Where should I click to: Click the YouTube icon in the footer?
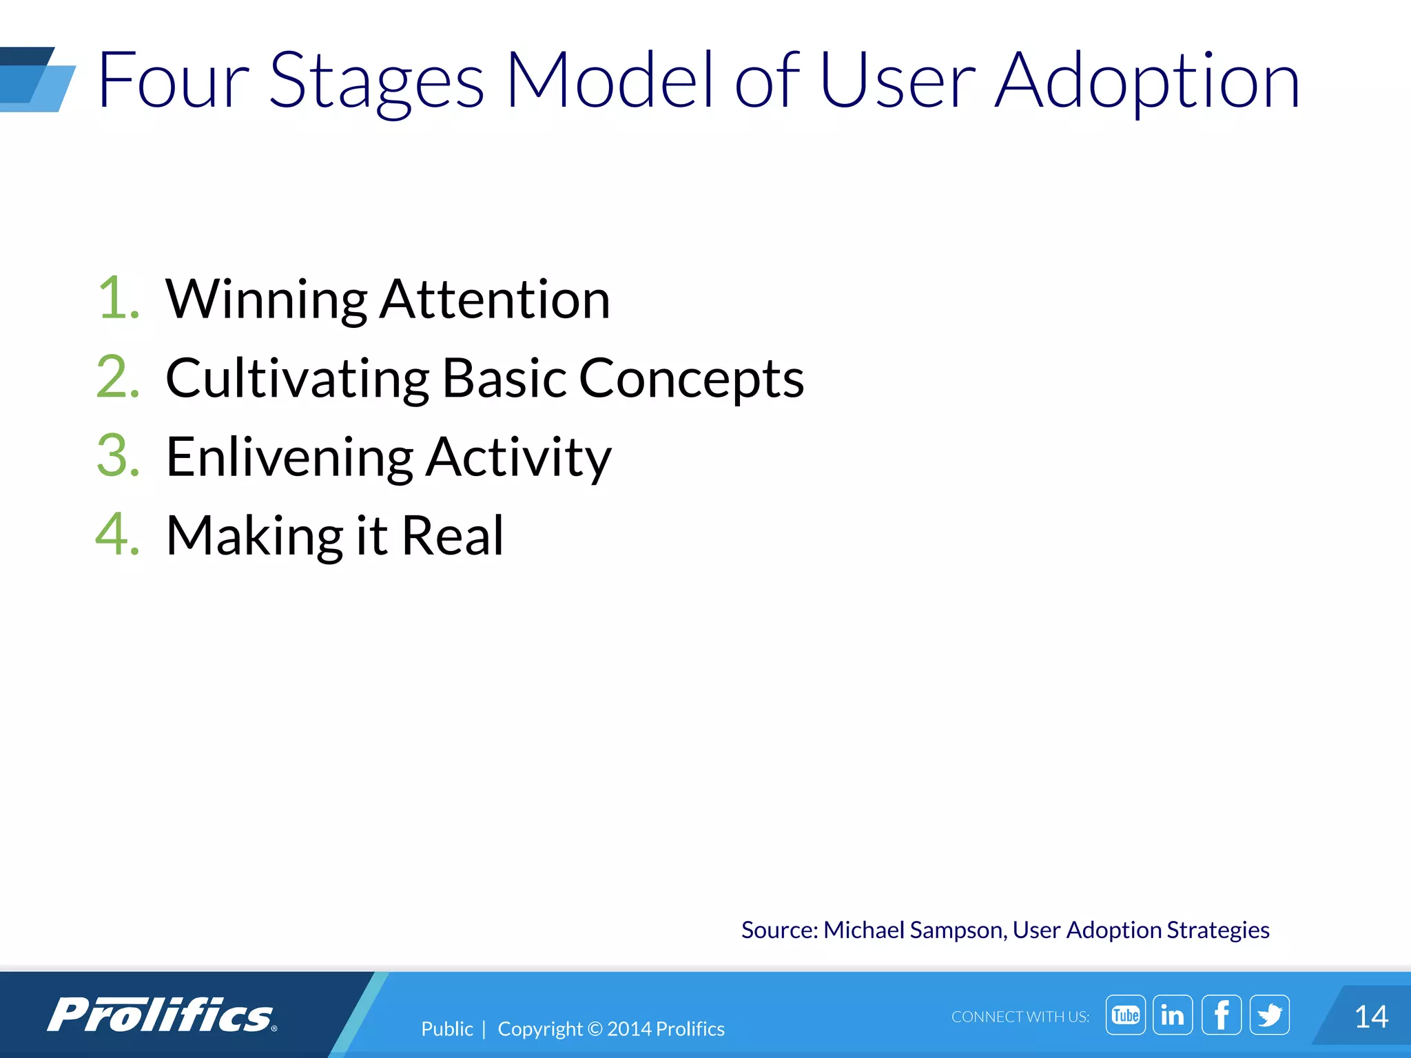(1125, 1015)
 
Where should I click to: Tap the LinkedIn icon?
(1173, 1015)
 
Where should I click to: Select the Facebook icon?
(1222, 1015)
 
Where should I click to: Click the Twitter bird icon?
(1270, 1015)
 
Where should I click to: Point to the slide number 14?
(1370, 1017)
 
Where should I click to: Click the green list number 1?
(118, 299)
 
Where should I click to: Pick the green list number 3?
(118, 456)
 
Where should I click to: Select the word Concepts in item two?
(691, 379)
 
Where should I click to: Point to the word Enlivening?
(289, 457)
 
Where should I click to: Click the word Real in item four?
(453, 535)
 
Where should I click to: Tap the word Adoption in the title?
(1147, 81)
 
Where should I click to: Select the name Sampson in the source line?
(958, 931)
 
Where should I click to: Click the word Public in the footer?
(447, 1028)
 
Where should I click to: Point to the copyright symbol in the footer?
(595, 1029)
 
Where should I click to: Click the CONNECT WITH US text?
(1020, 1017)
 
